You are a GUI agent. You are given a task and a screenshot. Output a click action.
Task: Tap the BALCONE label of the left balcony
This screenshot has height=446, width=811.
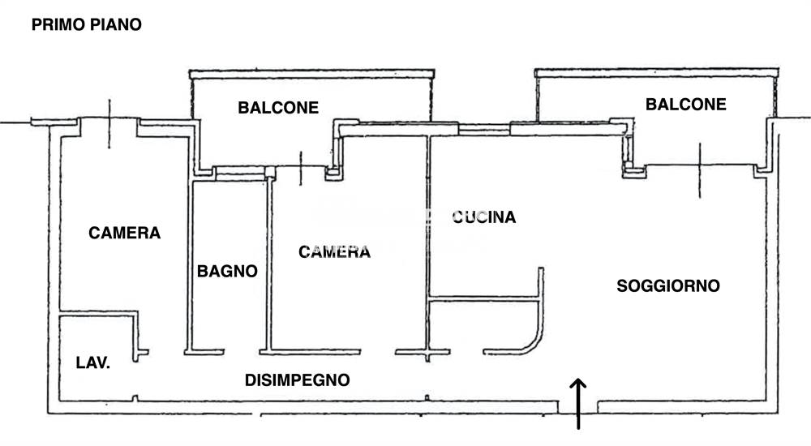coord(278,107)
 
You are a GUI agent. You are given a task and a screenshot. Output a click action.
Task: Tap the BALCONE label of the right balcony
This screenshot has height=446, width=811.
coord(685,105)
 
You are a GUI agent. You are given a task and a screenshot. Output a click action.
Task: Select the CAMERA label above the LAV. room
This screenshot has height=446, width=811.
coord(125,234)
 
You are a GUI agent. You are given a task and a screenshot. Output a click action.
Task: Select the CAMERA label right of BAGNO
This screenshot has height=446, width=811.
coord(334,252)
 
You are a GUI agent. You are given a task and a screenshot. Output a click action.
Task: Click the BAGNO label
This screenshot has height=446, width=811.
coord(227,272)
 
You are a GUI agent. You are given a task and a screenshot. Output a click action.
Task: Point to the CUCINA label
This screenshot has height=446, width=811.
coord(483,217)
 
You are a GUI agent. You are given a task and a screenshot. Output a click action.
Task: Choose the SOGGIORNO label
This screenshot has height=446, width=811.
coord(668,286)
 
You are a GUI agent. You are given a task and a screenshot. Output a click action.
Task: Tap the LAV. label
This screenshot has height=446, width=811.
coord(92,363)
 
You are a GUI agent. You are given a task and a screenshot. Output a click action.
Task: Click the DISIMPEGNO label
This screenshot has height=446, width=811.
coord(297,380)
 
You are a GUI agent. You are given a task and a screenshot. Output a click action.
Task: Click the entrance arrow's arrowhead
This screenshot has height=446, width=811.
coord(579,384)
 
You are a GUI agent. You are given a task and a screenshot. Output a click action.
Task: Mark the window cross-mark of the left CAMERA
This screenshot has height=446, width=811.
coord(109,124)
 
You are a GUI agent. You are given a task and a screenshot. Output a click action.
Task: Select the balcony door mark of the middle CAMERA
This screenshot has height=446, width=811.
coord(300,168)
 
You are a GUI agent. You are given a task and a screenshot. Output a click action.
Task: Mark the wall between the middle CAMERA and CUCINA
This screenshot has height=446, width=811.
coord(427,243)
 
